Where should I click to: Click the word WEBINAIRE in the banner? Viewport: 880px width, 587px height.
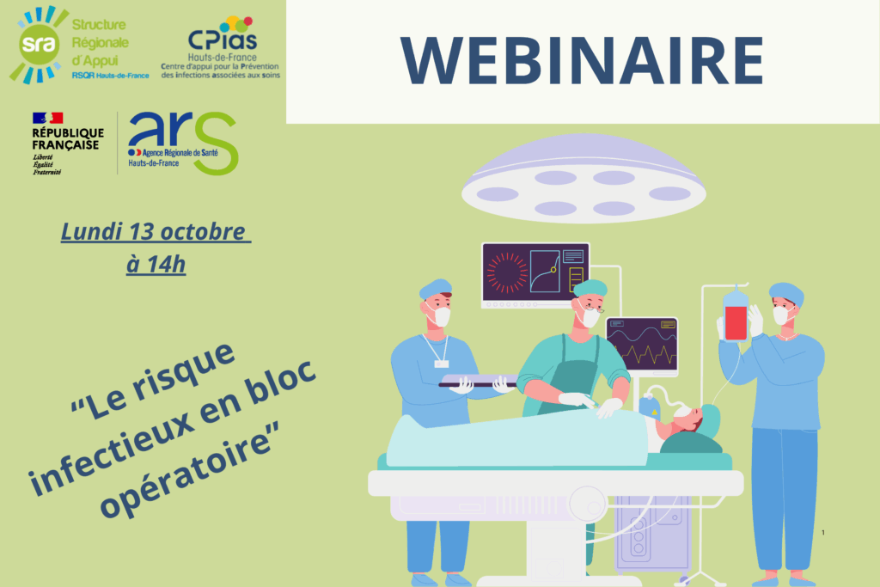[x=582, y=61]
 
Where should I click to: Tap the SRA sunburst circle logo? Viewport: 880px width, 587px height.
[x=38, y=45]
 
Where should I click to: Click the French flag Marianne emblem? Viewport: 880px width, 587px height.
[x=48, y=118]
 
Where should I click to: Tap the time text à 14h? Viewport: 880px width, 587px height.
[x=156, y=265]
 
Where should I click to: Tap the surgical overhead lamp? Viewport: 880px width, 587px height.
[x=584, y=180]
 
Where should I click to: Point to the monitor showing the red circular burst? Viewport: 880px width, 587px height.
[x=535, y=272]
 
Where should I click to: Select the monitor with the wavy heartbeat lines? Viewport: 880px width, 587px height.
[x=642, y=345]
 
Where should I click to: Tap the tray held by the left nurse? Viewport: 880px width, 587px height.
[x=478, y=381]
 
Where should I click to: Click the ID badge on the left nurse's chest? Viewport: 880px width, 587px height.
[x=442, y=364]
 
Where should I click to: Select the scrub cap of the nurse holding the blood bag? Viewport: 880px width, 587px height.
[x=787, y=292]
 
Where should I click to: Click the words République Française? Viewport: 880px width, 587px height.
[x=68, y=138]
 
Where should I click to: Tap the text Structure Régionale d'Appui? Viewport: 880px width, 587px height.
[x=100, y=43]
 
